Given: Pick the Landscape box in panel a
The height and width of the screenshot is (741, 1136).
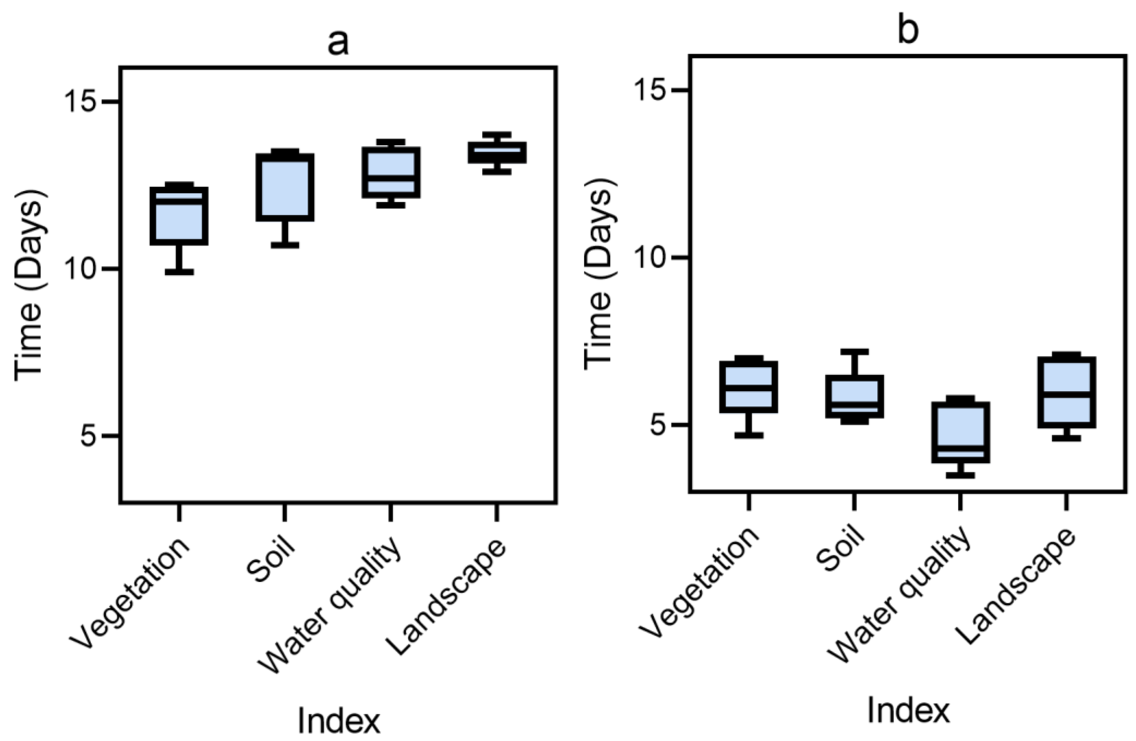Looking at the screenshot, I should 497,153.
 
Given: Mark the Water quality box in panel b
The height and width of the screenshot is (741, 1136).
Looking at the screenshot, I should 960,432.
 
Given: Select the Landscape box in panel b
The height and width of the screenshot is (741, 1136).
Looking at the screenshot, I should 1066,392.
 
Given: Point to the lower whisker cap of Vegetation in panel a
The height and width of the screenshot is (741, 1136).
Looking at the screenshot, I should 179,272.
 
